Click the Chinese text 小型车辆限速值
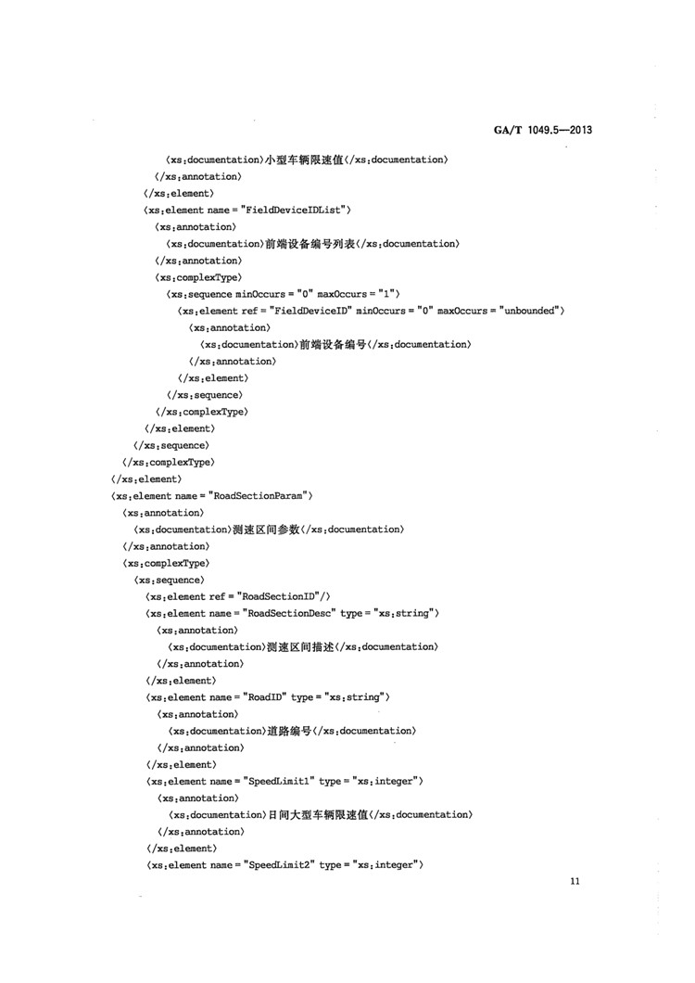(305, 160)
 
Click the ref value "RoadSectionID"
(279, 596)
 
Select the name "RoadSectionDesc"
(291, 613)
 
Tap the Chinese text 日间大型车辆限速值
(318, 814)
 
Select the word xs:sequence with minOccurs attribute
(207, 294)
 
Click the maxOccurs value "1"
(388, 294)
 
